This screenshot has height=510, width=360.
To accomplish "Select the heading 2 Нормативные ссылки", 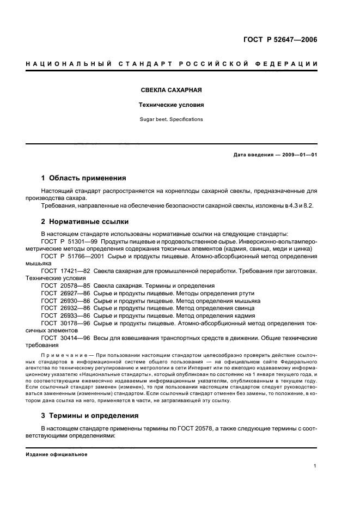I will tap(84, 222).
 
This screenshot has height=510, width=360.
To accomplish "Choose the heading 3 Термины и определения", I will tap(90, 416).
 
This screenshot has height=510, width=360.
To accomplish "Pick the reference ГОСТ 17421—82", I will tap(65, 271).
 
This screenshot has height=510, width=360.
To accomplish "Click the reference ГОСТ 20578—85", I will tap(65, 286).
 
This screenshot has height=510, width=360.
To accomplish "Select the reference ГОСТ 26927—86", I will tap(65, 293).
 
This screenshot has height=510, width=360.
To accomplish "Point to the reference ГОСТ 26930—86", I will tap(65, 301).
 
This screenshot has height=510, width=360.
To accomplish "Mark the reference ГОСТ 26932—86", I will tap(65, 308).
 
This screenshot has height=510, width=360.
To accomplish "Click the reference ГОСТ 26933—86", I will tap(65, 316).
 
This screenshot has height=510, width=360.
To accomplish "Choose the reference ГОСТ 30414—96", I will tap(65, 338).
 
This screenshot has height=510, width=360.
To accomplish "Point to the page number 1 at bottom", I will tap(315, 466).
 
